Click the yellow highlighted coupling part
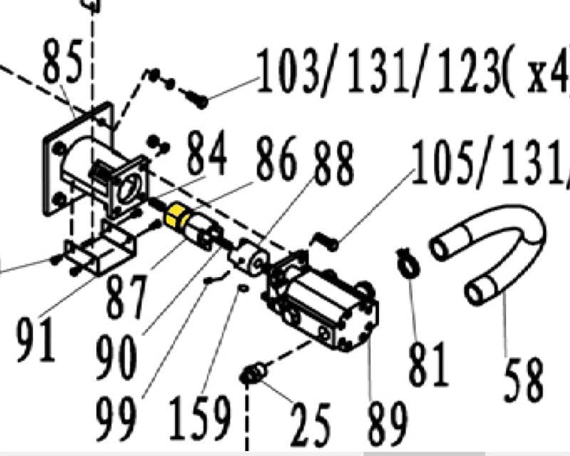click(175, 216)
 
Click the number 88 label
click(332, 165)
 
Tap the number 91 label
click(36, 340)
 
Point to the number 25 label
click(310, 423)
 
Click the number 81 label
click(428, 363)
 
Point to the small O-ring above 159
click(242, 289)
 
